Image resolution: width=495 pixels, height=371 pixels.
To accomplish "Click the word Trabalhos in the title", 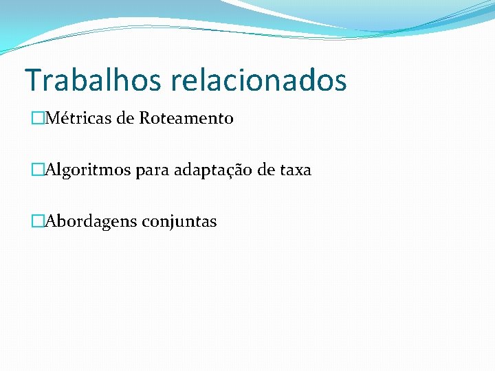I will pyautogui.click(x=93, y=80).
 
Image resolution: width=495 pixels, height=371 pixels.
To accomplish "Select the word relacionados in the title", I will pyautogui.click(x=259, y=80).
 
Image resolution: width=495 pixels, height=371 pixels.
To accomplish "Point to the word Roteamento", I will pyautogui.click(x=186, y=119).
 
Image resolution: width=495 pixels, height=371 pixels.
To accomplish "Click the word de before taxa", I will pyautogui.click(x=266, y=170).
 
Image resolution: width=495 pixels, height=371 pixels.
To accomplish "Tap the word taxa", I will pyautogui.click(x=296, y=170).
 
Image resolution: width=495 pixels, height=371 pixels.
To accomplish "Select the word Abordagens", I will pyautogui.click(x=91, y=222).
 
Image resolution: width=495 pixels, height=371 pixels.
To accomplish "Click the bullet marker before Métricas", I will pyautogui.click(x=36, y=119).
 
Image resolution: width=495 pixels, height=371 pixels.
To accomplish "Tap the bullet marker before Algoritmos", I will pyautogui.click(x=36, y=170).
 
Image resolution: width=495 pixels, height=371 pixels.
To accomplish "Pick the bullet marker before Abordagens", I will pyautogui.click(x=36, y=222).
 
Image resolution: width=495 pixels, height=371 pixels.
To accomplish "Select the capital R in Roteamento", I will pyautogui.click(x=144, y=119).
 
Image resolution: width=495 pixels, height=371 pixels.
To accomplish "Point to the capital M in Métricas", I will pyautogui.click(x=51, y=119).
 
